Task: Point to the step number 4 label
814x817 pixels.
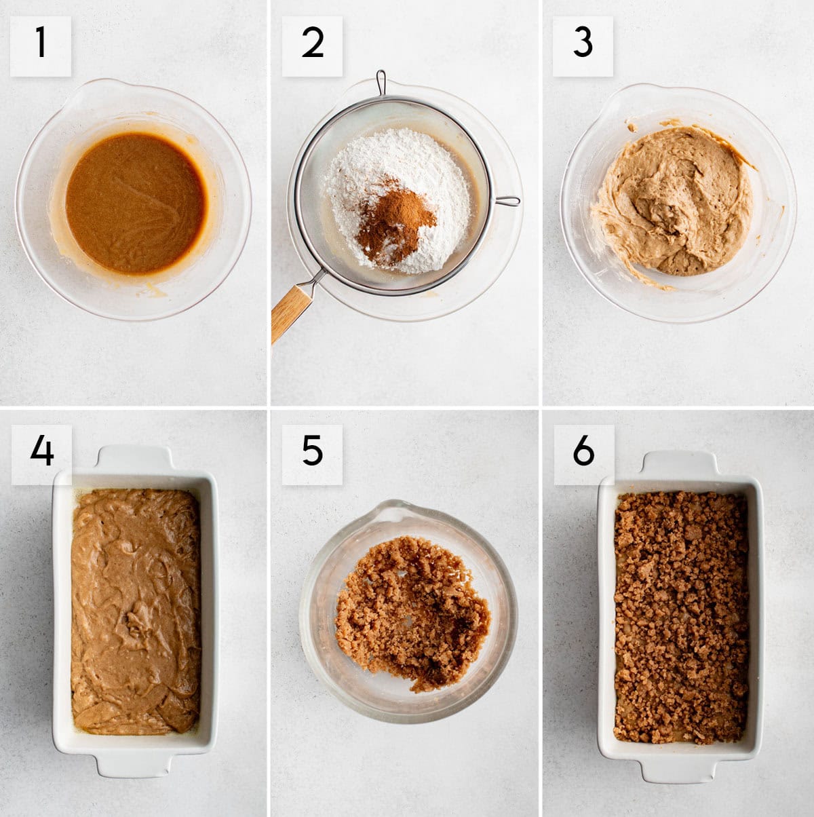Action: (x=41, y=454)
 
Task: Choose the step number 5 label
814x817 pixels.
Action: (x=312, y=454)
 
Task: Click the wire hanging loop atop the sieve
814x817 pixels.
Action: (x=382, y=82)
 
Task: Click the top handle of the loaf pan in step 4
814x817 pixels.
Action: (x=135, y=457)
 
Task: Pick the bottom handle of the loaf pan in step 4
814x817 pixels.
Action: (x=136, y=765)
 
